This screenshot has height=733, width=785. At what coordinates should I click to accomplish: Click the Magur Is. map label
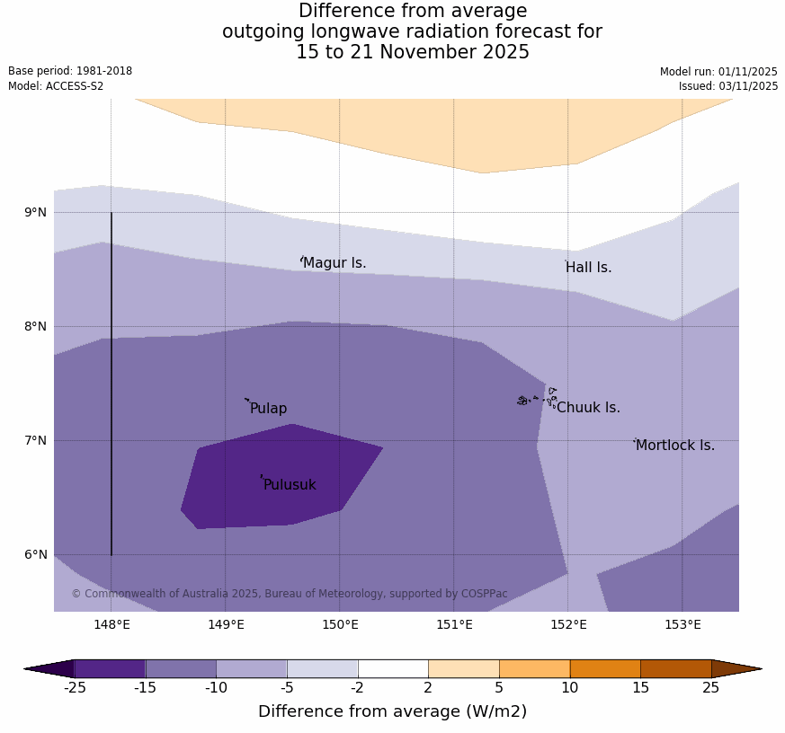point(335,263)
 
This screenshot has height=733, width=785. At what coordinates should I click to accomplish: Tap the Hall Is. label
point(589,268)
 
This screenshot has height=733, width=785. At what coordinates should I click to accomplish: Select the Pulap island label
point(268,409)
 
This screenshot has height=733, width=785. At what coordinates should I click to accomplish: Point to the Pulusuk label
point(290,485)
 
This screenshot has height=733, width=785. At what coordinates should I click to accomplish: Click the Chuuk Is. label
point(588,408)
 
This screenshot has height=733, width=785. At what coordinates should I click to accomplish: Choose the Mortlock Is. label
point(675,446)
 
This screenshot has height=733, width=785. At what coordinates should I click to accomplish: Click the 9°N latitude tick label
point(36,213)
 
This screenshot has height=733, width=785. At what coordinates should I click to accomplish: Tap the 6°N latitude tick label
point(36,554)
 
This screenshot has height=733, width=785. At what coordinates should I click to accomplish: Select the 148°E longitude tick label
point(112,625)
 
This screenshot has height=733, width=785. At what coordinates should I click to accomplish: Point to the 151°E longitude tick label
point(454,625)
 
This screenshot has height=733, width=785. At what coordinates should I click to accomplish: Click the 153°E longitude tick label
point(682,625)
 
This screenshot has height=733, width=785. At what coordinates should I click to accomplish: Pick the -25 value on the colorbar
point(75,688)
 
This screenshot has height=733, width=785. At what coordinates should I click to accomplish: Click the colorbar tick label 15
point(640,688)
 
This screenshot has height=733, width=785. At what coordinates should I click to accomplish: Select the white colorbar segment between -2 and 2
point(393,668)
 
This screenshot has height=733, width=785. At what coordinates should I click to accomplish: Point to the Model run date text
point(718,72)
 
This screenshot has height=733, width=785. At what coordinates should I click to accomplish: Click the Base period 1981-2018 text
point(70,71)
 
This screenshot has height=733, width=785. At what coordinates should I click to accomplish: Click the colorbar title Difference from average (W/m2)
point(392,711)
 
